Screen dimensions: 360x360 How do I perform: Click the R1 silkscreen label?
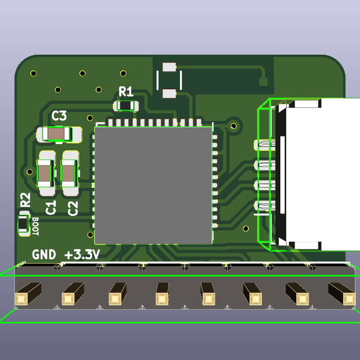(126, 92)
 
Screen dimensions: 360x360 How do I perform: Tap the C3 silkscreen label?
(59, 115)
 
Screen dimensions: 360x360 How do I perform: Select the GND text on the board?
(44, 254)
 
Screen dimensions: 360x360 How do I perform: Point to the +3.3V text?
(82, 254)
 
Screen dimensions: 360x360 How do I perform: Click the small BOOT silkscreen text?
(35, 226)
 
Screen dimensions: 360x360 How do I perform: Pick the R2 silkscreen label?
(25, 200)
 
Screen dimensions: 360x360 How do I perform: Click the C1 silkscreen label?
(51, 208)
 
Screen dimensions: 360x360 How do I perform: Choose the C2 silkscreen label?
(73, 208)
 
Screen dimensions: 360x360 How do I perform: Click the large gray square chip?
(154, 185)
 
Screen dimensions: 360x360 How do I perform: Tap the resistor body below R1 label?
(125, 106)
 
